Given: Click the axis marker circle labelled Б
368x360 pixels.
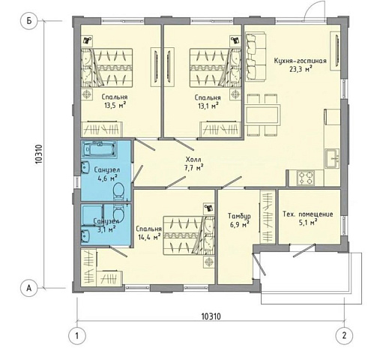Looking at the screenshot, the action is pos(29,21).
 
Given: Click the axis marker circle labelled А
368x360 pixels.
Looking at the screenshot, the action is pos(29,288).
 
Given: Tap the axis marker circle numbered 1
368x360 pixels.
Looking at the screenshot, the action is pos(77,335).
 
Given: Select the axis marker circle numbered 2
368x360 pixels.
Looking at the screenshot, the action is pos(344,335).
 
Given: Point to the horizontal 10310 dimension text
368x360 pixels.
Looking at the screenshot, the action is pos(211,316).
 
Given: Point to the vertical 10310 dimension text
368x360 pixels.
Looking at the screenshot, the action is pos(39,154).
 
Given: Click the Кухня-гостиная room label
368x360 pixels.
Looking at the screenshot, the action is pos(300,61).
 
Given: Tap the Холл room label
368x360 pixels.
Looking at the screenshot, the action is pos(193,159).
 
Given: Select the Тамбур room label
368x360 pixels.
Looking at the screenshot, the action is pos(239,215).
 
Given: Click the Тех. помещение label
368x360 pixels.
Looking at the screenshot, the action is pos(308,214).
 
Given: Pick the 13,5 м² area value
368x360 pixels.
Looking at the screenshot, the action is pos(115,105).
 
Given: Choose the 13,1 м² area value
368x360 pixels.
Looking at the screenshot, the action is pos(209,106).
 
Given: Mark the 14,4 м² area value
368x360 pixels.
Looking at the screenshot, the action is pos(149,237).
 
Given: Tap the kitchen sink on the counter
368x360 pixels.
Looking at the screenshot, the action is pos(332,159).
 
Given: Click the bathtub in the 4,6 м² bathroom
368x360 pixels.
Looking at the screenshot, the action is pos(100,149).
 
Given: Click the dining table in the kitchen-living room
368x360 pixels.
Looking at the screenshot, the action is pos(262,115).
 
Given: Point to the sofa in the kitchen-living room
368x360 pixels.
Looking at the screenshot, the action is pos(255,56).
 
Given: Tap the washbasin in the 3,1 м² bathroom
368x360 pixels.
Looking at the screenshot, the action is pos(85,235).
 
